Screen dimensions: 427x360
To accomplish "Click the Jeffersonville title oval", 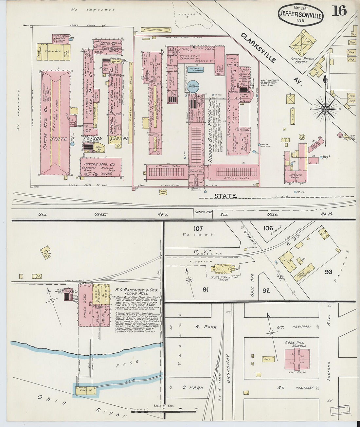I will [301, 15].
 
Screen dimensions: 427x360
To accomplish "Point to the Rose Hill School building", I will [297, 359].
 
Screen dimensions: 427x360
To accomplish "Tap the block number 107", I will [198, 228].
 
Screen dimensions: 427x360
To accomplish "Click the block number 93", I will [329, 272].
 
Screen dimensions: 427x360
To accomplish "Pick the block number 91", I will [206, 290].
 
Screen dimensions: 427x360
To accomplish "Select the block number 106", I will [268, 228].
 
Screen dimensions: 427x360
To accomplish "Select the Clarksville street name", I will [258, 47].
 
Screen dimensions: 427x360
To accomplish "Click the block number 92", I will [266, 290].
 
